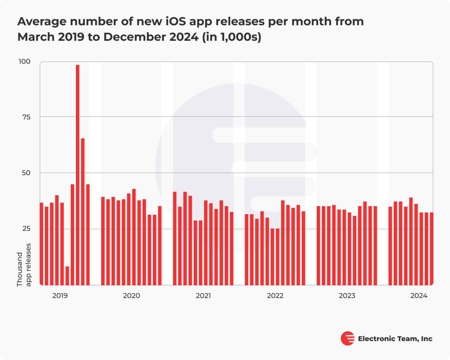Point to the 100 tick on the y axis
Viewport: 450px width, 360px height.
(24, 61)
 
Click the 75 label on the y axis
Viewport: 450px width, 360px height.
(26, 117)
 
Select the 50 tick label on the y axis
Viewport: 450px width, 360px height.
(26, 173)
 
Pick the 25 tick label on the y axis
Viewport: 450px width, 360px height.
(26, 229)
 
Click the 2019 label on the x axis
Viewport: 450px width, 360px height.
(60, 296)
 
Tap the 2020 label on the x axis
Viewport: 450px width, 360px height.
(131, 296)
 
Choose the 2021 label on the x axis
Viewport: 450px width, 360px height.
(203, 296)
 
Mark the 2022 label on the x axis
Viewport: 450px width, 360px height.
(275, 296)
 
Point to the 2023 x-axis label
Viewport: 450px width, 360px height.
(347, 296)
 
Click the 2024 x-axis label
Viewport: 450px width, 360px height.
(419, 296)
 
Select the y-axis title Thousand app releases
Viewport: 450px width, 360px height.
(24, 265)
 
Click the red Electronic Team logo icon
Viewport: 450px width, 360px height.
(347, 339)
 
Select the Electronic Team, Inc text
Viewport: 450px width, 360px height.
(395, 339)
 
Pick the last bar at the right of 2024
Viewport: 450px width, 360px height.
(431, 249)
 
